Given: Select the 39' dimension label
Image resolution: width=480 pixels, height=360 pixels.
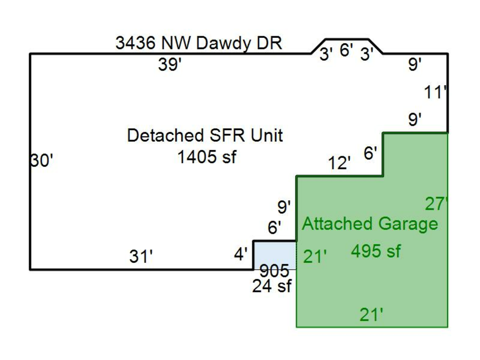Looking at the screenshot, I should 170,66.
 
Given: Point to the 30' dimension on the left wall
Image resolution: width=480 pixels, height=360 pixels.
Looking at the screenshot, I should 42,160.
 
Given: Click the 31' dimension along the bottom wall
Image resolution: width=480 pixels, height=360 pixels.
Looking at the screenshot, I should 141,257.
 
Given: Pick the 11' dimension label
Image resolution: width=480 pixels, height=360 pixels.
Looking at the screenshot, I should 435,93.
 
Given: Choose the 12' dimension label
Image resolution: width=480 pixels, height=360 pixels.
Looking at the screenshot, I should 340,163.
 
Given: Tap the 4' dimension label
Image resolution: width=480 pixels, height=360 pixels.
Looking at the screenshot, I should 241,255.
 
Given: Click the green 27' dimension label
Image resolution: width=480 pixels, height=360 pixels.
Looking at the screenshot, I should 436,203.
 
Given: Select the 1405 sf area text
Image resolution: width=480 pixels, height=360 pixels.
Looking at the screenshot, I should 206,157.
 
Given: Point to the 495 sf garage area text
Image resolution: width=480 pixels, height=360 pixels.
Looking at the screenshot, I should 375,251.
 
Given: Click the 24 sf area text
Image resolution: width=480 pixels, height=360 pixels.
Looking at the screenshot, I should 272,286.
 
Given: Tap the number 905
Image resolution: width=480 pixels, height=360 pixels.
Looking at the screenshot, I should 274,271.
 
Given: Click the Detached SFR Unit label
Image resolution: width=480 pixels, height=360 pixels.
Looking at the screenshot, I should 205,135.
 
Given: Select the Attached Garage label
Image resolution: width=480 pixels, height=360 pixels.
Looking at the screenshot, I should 370,223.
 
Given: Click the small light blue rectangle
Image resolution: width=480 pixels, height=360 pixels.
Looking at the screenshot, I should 274,255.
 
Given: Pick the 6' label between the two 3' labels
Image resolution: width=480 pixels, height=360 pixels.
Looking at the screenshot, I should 346,50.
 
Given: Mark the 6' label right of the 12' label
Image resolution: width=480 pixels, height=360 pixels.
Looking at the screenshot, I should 370,154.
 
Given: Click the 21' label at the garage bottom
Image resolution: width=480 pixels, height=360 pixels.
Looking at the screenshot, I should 371,315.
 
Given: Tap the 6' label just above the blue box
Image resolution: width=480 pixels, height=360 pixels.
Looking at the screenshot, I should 274,228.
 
